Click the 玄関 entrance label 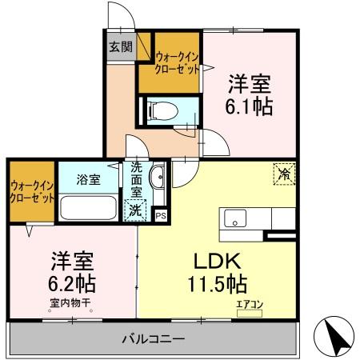(x=122, y=46)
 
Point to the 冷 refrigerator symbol (x=283, y=172)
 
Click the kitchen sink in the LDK (x=236, y=218)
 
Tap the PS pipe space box (x=161, y=214)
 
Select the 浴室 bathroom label (x=88, y=179)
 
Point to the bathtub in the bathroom (x=90, y=210)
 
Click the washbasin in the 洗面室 (x=157, y=177)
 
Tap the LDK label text (x=214, y=262)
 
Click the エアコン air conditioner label (x=250, y=304)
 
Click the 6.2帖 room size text (x=74, y=283)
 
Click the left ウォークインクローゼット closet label (x=33, y=192)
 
